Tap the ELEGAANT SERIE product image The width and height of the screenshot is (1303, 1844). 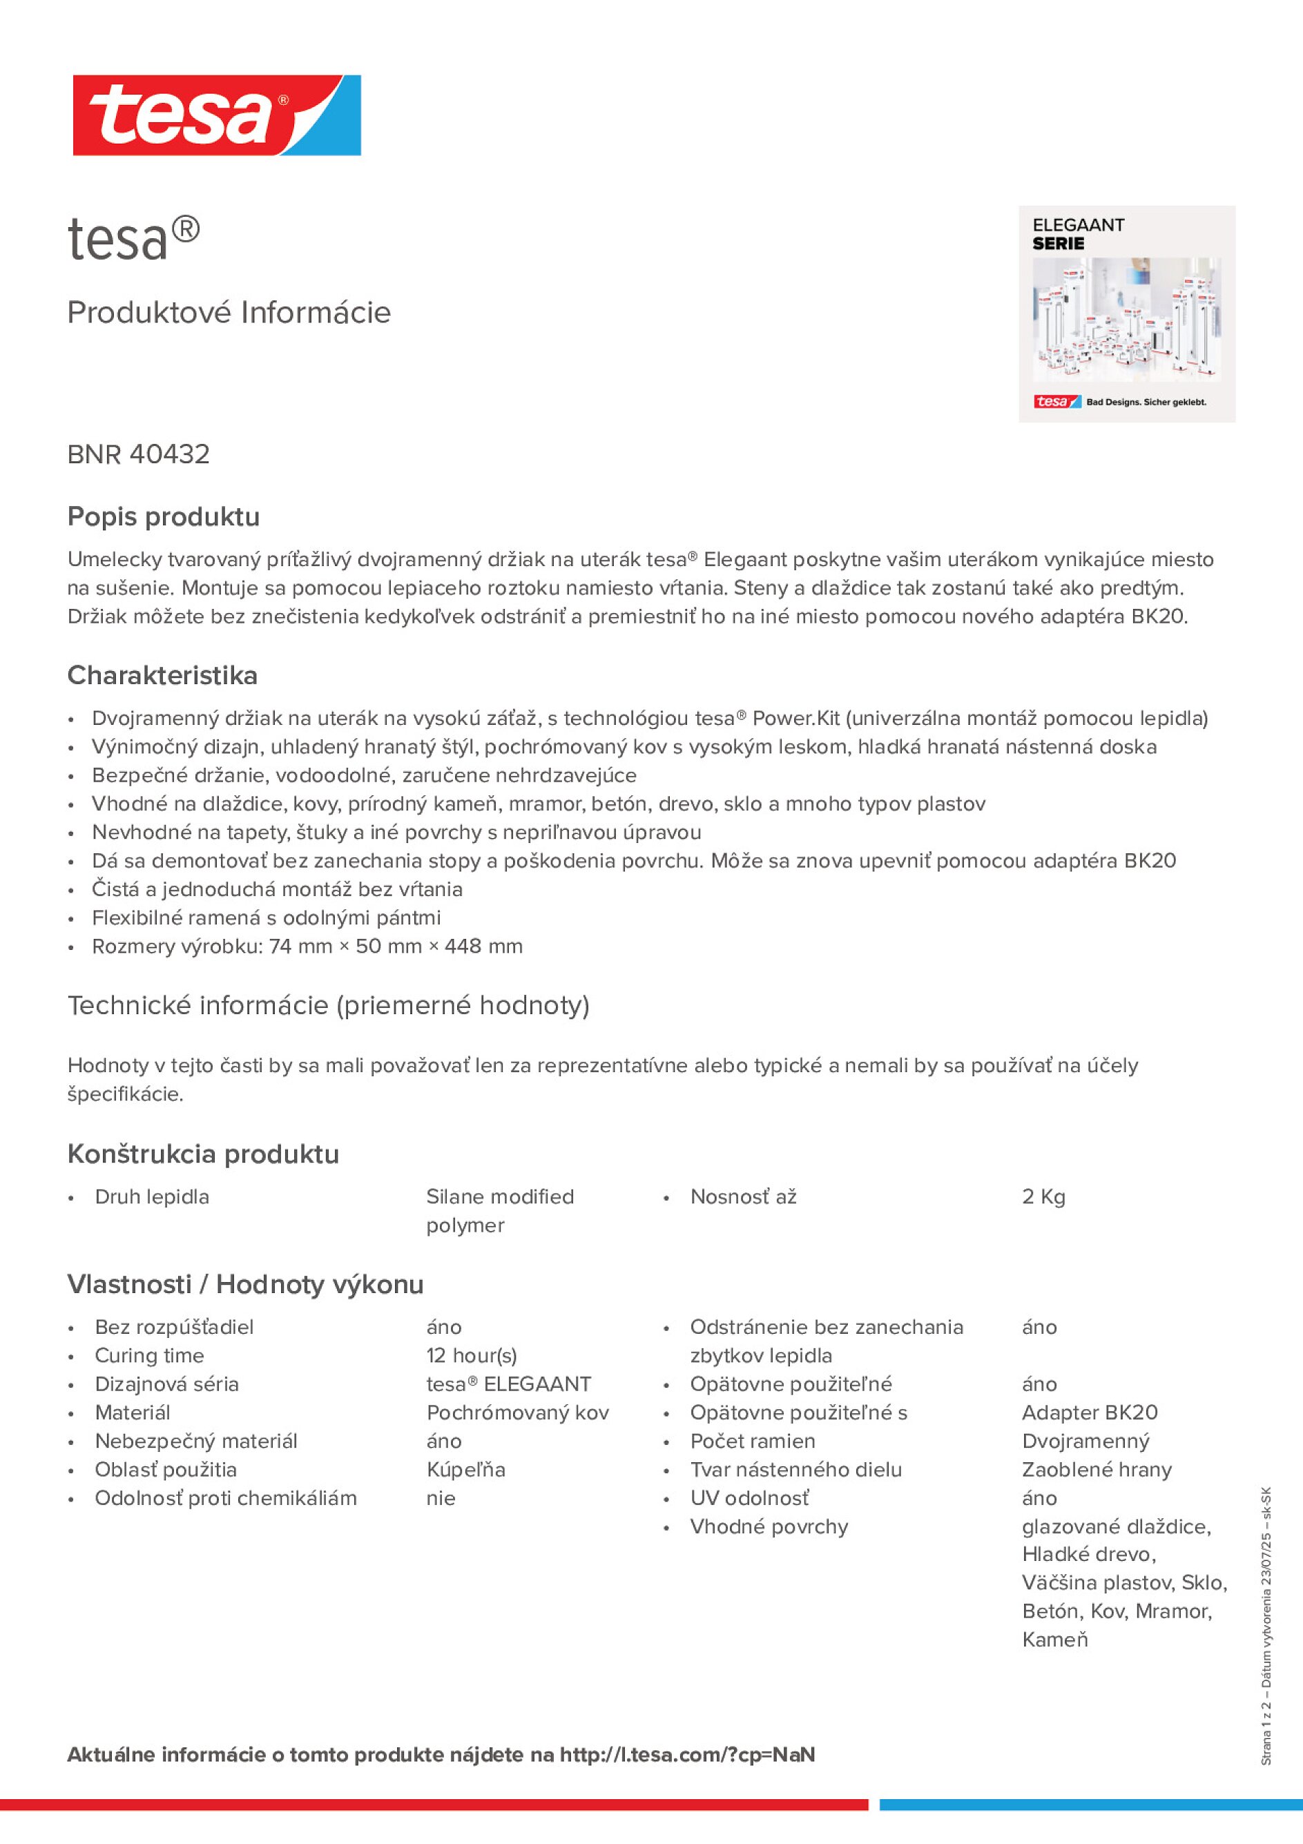[x=1126, y=314]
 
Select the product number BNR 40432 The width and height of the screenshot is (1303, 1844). [x=138, y=454]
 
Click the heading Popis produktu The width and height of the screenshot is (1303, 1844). [x=163, y=516]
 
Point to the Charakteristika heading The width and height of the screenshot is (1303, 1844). [x=162, y=675]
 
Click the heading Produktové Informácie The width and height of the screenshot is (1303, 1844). [x=229, y=313]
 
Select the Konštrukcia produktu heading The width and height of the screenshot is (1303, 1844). [x=203, y=1154]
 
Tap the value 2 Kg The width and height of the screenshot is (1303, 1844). [x=1043, y=1196]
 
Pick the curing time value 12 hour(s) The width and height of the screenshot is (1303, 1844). [x=472, y=1356]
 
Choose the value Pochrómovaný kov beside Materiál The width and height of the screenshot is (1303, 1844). [x=517, y=1413]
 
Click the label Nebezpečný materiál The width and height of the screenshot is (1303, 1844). [x=196, y=1441]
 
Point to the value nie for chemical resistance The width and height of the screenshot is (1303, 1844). [x=441, y=1498]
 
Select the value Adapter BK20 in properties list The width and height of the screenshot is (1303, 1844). [x=1090, y=1413]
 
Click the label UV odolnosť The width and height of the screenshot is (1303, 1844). [x=749, y=1498]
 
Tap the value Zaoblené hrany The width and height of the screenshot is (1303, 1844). [x=1097, y=1470]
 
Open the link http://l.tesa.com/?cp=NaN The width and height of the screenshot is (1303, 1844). [x=687, y=1755]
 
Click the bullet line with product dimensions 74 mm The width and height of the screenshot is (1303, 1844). [x=307, y=946]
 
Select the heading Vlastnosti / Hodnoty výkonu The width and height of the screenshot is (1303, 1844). [x=245, y=1284]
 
